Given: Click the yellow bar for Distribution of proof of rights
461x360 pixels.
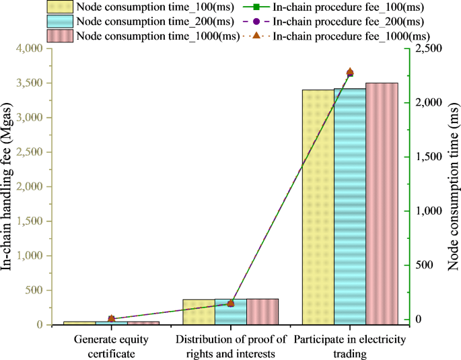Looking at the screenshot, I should pyautogui.click(x=199, y=312).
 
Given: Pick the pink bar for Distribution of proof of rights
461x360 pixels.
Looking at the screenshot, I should pyautogui.click(x=262, y=312).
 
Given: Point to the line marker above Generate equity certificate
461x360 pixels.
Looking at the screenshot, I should pyautogui.click(x=112, y=319).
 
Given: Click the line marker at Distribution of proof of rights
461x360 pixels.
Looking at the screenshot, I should pyautogui.click(x=231, y=303).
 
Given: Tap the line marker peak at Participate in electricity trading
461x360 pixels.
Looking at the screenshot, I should pyautogui.click(x=350, y=72).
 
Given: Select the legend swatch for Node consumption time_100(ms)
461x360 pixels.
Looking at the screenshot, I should pyautogui.click(x=60, y=7).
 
